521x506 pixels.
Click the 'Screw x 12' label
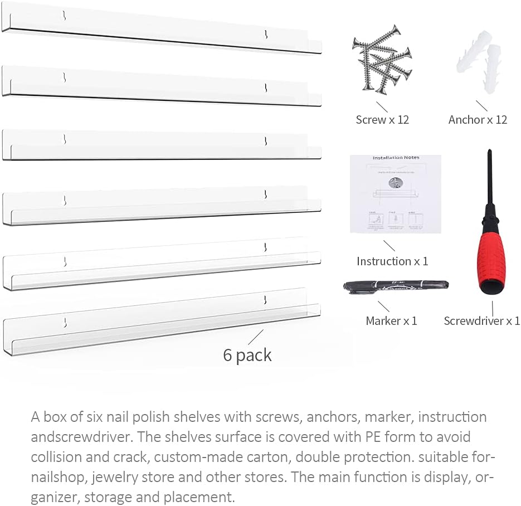click(382, 120)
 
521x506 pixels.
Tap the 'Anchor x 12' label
click(478, 120)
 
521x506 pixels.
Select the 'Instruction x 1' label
click(392, 261)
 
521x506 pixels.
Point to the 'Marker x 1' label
click(391, 321)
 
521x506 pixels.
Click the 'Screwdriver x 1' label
click(481, 321)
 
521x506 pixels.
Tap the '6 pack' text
click(247, 355)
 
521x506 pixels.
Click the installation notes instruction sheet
click(395, 193)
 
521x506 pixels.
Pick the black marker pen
click(395, 287)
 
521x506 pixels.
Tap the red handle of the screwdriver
click(493, 259)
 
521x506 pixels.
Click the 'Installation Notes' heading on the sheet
click(396, 158)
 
